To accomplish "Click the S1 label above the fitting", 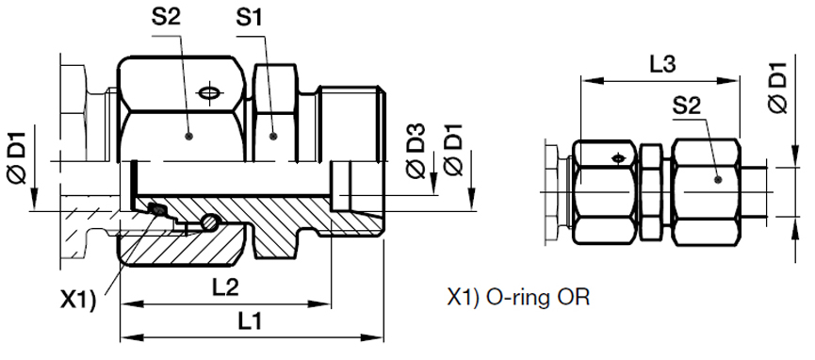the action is pyautogui.click(x=250, y=19).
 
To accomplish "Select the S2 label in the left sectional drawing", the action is pyautogui.click(x=166, y=18).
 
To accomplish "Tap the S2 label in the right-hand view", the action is pyautogui.click(x=687, y=106).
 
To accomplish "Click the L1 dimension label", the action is pyautogui.click(x=251, y=322).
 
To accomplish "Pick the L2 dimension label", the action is pyautogui.click(x=224, y=286).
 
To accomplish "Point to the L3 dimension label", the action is pyautogui.click(x=662, y=64).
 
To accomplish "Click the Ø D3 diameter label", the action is pyautogui.click(x=416, y=152).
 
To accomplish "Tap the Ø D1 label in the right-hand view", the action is pyautogui.click(x=778, y=87).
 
